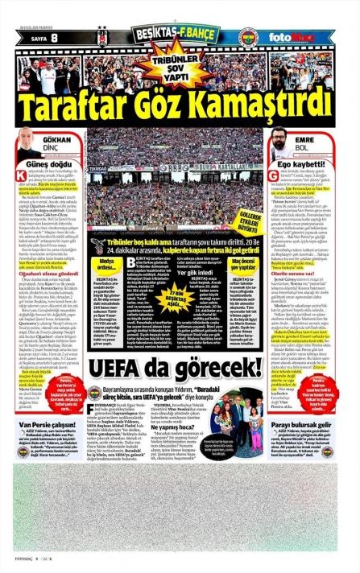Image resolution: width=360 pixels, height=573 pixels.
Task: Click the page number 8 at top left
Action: pyautogui.click(x=54, y=36)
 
